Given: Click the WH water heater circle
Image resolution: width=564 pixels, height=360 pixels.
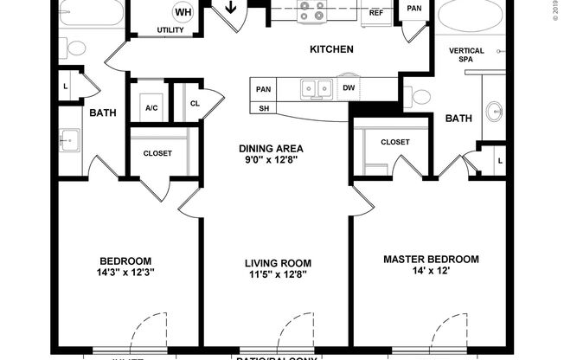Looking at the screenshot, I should click(x=183, y=12).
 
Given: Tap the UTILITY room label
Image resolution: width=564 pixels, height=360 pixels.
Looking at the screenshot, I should click(x=170, y=30).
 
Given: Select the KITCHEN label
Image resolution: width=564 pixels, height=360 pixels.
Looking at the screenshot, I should click(x=331, y=49).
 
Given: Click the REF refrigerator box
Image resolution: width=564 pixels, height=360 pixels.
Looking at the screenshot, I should click(x=376, y=13).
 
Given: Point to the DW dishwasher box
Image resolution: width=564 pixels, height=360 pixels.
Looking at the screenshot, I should click(x=348, y=87).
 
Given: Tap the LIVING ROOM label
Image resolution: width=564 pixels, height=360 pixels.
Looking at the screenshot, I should click(x=277, y=263).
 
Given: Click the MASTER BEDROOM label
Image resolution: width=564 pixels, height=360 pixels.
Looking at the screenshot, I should click(x=431, y=259).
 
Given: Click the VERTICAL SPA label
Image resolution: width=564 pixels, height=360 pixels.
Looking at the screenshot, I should click(x=466, y=56).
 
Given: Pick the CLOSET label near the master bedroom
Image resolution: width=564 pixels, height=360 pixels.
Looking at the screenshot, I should click(x=394, y=141).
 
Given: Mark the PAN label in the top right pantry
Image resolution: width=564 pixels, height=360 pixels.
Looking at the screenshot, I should click(x=414, y=9).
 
